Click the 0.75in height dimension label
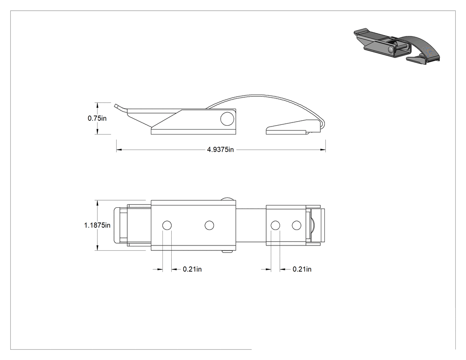pos(97,119)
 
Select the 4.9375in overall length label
pos(220,150)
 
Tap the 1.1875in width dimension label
pos(97,225)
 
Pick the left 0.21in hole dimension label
pos(192,269)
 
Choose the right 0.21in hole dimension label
pos(302,269)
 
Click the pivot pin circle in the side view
pos(227,119)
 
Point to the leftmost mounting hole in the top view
pos(167,225)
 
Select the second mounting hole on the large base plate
pos(209,225)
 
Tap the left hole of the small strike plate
pos(276,225)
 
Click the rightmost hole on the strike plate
pos(296,225)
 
